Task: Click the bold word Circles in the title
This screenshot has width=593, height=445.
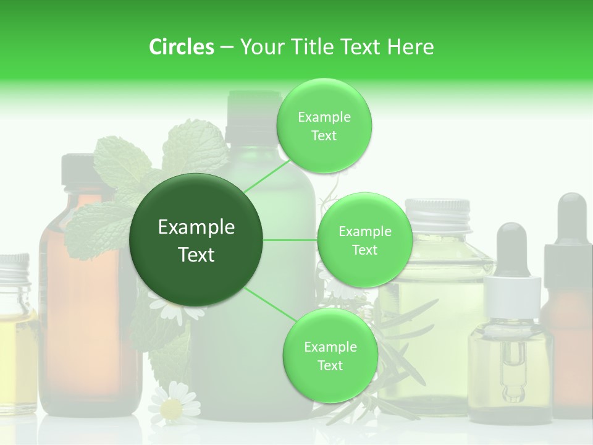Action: (x=181, y=47)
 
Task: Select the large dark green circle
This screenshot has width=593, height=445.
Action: (x=196, y=240)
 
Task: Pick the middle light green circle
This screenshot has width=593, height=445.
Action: (x=364, y=240)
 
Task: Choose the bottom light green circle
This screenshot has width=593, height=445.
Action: (x=330, y=355)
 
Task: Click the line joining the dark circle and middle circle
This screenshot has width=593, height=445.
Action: (x=290, y=240)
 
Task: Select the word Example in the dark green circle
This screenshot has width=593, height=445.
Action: (x=196, y=227)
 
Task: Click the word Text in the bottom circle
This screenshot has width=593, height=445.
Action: (x=330, y=365)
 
